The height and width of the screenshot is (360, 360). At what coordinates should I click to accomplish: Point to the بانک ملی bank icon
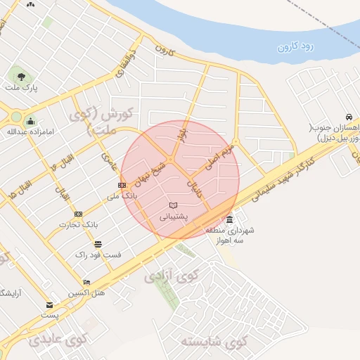click(122, 185)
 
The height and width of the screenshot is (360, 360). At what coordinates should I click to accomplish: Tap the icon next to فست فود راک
click(98, 244)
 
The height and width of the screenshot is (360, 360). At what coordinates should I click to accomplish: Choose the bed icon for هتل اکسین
click(86, 283)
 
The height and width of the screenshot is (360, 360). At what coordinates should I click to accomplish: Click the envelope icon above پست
click(49, 305)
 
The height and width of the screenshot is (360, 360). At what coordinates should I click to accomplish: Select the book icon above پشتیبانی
click(173, 205)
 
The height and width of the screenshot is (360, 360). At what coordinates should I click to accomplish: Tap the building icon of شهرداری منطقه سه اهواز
click(231, 219)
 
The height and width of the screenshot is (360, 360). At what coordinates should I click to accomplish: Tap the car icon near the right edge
click(348, 117)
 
